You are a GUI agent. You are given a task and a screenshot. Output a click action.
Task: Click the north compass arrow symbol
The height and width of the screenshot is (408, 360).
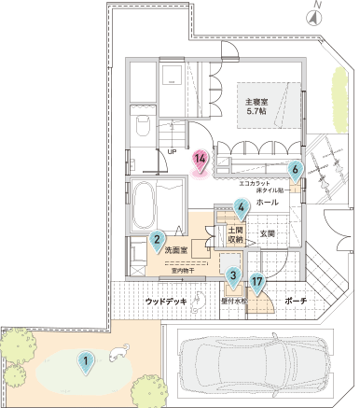tap(317, 14)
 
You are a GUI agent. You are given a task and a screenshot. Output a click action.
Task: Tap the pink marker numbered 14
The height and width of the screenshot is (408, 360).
tap(199, 159)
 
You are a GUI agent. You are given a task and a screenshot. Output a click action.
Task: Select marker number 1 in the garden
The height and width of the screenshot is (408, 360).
tap(85, 359)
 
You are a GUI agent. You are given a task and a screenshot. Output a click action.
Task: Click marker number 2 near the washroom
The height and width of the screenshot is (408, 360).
tap(159, 240)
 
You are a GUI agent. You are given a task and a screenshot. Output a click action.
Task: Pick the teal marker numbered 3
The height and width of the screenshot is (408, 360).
tap(232, 274)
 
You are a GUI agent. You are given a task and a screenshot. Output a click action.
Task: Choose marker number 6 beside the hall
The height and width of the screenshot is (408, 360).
tap(295, 169)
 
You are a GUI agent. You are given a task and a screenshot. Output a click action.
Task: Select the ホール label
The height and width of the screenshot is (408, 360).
tap(265, 202)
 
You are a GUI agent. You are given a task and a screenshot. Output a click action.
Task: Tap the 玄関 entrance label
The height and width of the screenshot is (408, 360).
tap(267, 233)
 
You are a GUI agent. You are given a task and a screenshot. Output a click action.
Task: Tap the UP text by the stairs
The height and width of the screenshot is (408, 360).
tap(172, 150)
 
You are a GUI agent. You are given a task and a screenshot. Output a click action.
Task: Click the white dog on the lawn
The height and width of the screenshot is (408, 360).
tap(117, 353)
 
